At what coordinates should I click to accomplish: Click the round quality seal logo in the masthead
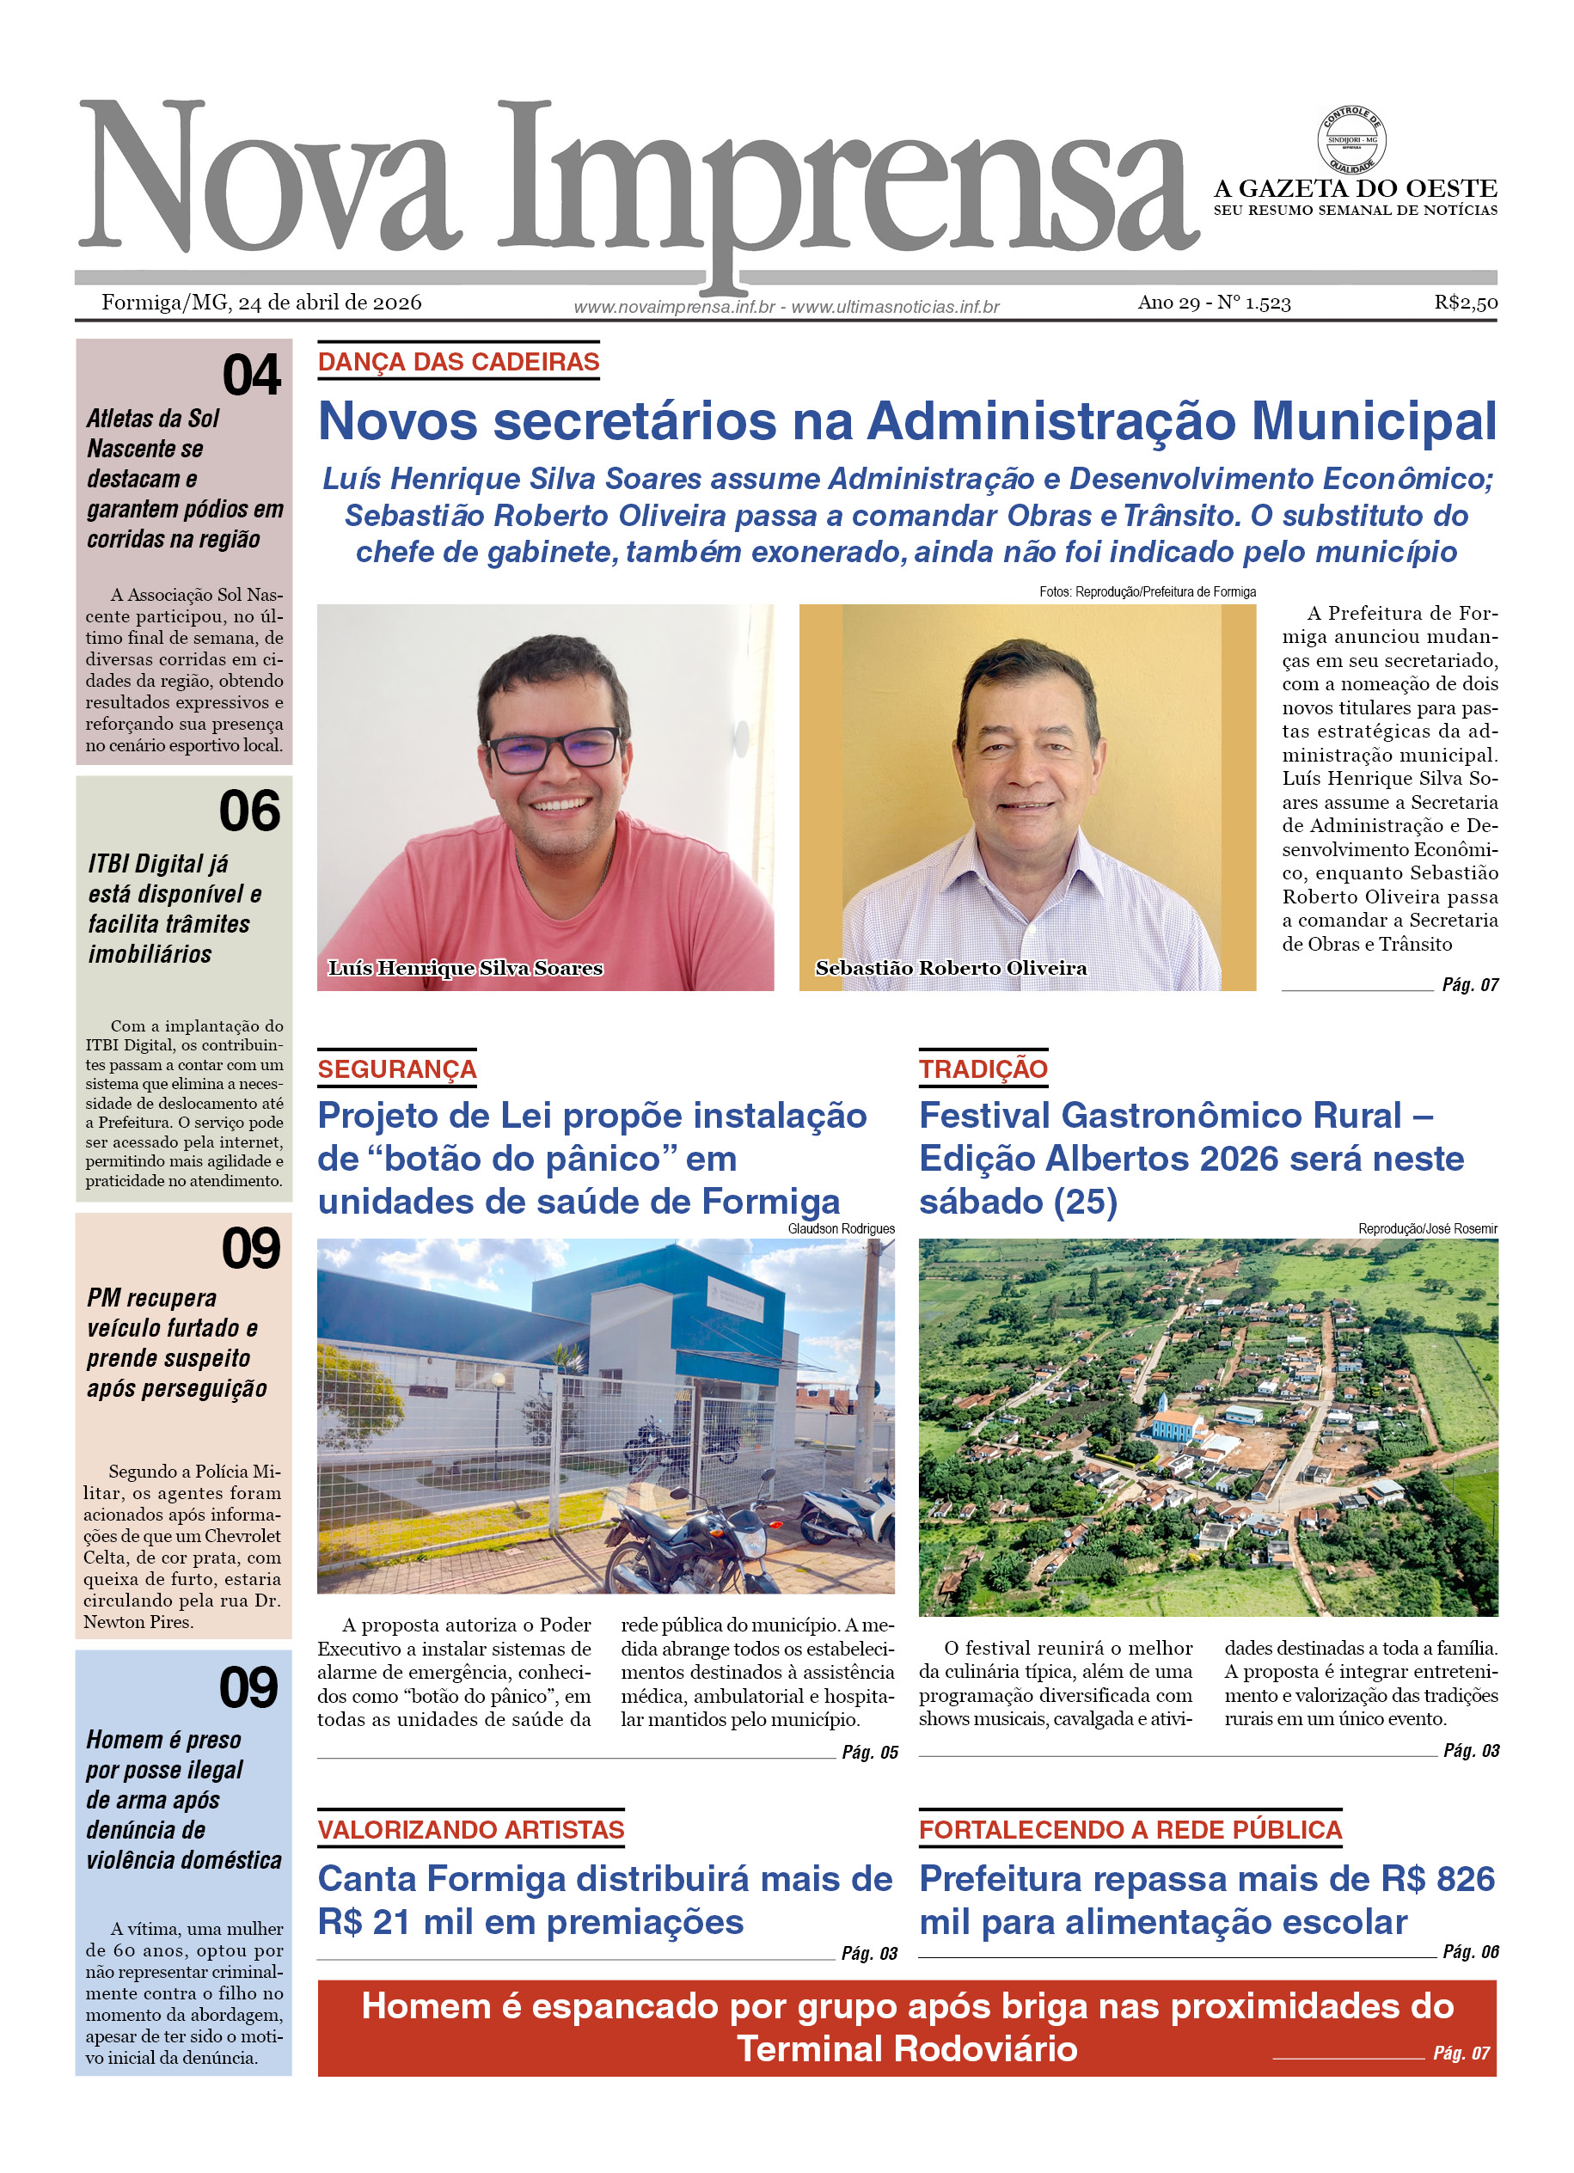(1350, 141)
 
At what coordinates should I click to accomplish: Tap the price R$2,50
(1465, 303)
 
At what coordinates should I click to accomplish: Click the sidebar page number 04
(251, 375)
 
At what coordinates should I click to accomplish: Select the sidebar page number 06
(249, 811)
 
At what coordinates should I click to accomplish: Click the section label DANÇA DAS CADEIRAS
(458, 362)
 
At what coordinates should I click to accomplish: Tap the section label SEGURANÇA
(396, 1069)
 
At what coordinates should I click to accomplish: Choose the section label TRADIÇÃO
(983, 1069)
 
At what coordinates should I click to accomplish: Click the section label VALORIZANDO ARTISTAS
(470, 1830)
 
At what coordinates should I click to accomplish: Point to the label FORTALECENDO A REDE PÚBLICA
(1130, 1830)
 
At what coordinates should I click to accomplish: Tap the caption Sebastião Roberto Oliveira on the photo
(951, 968)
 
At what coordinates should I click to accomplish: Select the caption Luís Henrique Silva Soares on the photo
(466, 968)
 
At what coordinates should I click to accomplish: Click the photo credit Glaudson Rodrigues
(840, 1229)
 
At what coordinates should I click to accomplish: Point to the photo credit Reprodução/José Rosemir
(1426, 1229)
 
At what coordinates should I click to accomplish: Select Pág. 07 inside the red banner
(1461, 2054)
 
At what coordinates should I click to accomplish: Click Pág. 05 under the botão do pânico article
(869, 1753)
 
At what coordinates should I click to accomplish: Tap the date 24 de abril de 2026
(329, 303)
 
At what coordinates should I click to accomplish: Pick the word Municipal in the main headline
(1373, 421)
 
